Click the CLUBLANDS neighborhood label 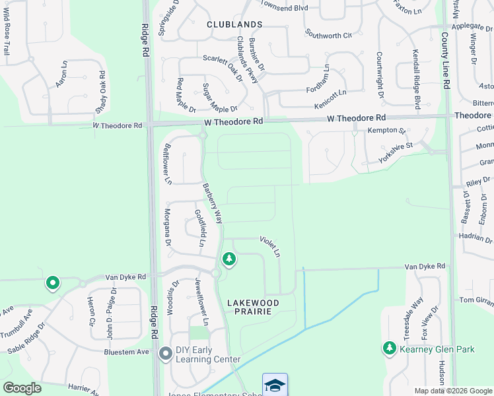(234, 24)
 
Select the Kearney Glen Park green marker (390, 347)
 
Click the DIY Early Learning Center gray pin (165, 354)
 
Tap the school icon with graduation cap (275, 385)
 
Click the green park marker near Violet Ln (229, 259)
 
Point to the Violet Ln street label (270, 246)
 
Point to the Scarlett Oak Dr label (223, 68)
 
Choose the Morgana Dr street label (167, 228)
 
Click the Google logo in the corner (22, 388)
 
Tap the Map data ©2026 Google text (452, 391)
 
